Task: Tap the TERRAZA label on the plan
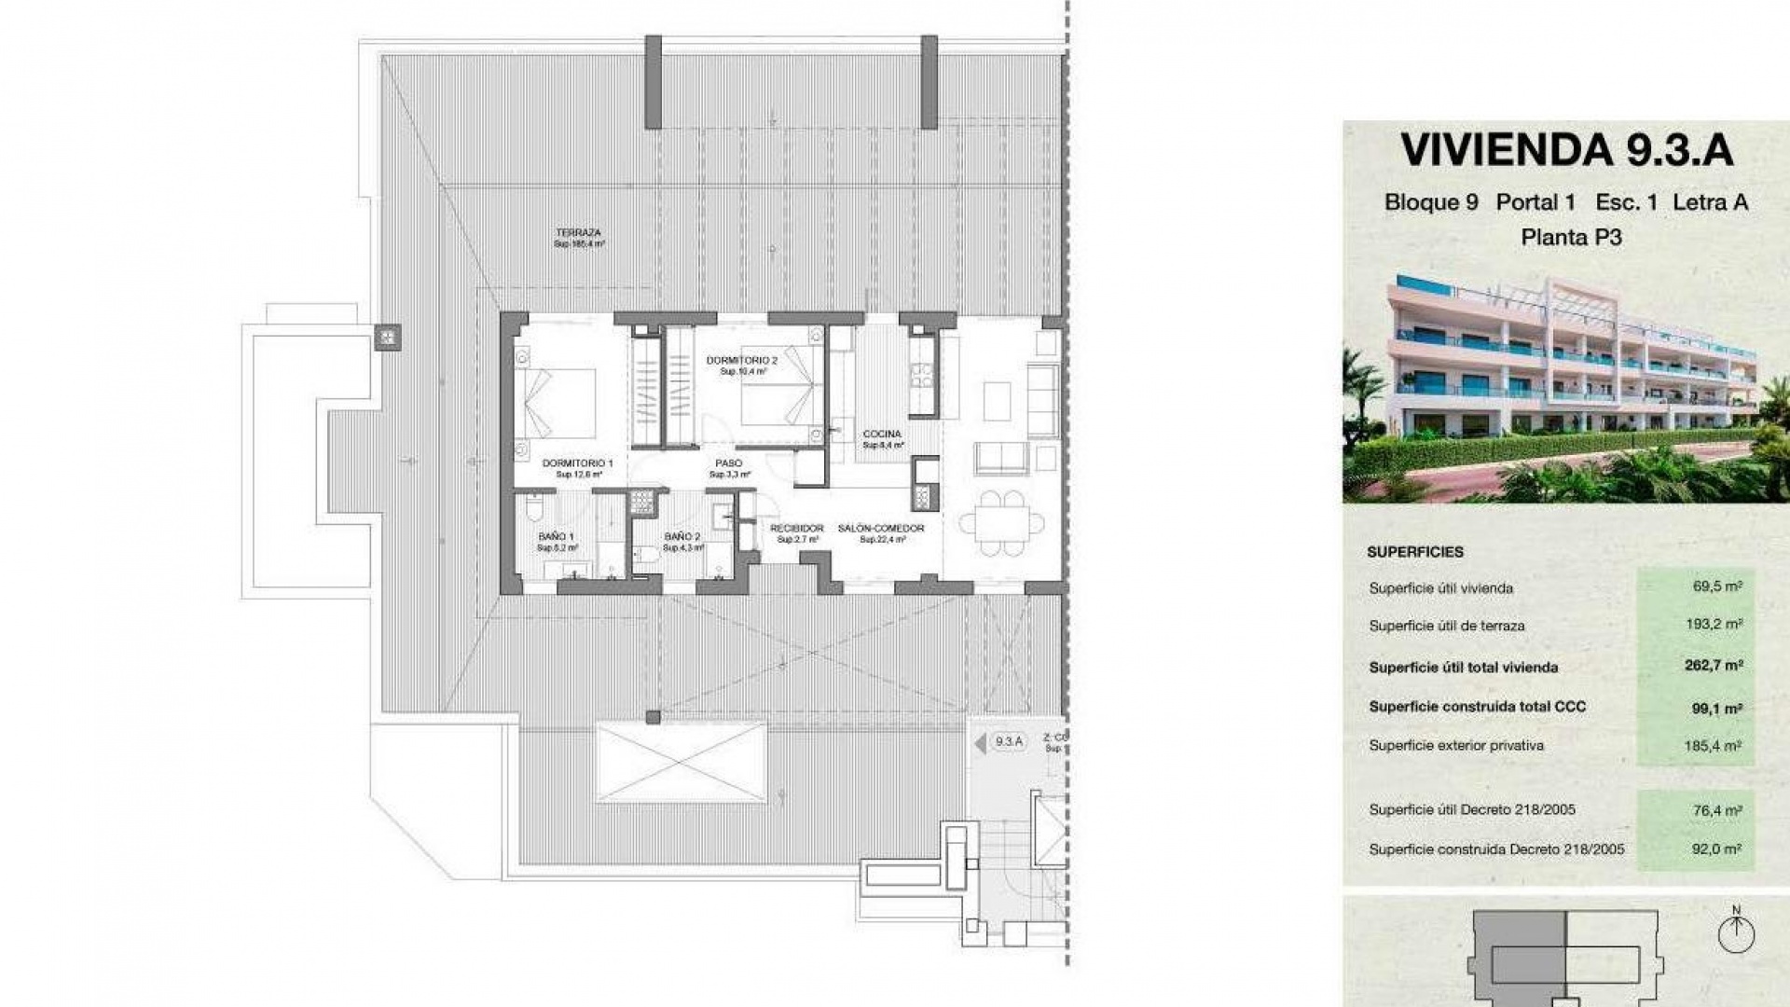[578, 233]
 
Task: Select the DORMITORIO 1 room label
[577, 463]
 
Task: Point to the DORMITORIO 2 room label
[741, 360]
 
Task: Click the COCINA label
[881, 435]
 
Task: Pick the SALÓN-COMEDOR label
[881, 529]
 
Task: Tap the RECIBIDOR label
[797, 529]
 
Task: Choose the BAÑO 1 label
[556, 537]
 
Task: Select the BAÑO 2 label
[682, 537]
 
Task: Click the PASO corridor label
[728, 463]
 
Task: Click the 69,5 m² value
[1717, 587]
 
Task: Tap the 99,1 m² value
[1716, 708]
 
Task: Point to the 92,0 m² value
[1716, 849]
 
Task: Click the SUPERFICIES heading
[1414, 552]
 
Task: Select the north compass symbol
[1735, 932]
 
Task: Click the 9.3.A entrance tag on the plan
[1008, 742]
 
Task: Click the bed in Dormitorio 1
[557, 403]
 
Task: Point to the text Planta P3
[1571, 238]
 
